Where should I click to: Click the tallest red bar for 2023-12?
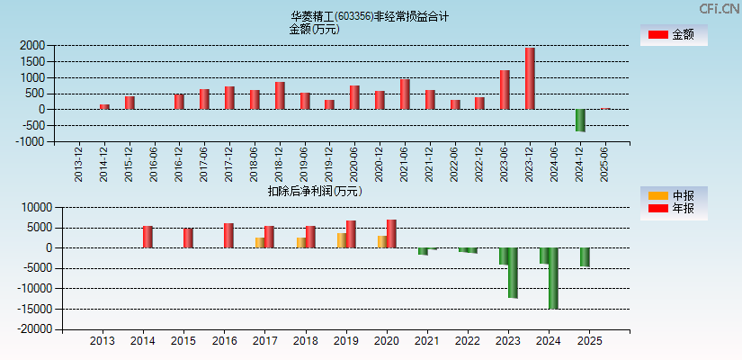530,79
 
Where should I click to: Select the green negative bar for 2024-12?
580,121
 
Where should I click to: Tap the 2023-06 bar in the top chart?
505,90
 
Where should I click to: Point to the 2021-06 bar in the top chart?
405,94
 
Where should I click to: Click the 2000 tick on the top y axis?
31,46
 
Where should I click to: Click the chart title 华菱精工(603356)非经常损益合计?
370,16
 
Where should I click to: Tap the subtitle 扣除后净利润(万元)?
315,191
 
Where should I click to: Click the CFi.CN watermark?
720,8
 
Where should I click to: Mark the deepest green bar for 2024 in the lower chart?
553,278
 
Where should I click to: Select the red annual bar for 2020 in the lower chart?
391,234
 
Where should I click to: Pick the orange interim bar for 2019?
342,240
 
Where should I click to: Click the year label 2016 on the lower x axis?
224,341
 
